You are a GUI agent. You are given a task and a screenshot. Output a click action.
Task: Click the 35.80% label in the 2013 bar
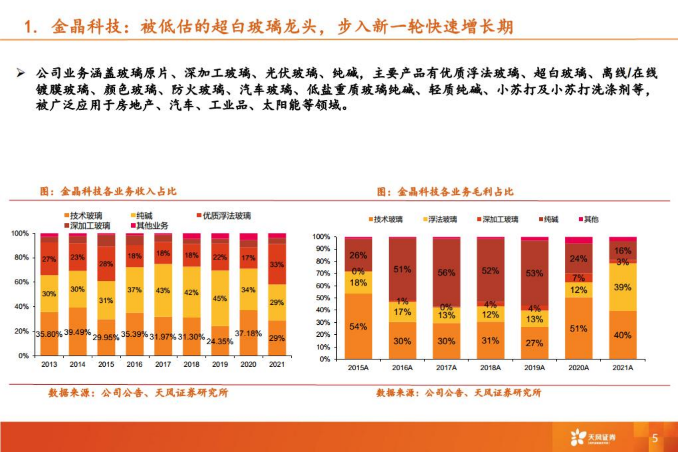(x=49, y=334)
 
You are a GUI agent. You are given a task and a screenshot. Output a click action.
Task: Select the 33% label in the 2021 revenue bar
(x=277, y=264)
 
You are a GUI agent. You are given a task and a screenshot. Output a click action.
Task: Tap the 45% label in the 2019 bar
(x=220, y=298)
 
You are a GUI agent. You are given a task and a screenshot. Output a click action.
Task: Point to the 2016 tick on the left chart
(x=134, y=364)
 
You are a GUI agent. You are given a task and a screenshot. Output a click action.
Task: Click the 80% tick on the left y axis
(x=20, y=257)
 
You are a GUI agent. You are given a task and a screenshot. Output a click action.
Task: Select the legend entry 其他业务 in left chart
(x=152, y=226)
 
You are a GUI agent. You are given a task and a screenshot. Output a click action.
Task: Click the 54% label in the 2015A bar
(x=358, y=326)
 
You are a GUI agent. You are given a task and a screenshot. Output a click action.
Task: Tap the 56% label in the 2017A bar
(x=446, y=273)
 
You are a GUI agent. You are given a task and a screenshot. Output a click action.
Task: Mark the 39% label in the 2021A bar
(x=622, y=287)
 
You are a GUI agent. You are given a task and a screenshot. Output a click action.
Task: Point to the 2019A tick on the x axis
(x=534, y=368)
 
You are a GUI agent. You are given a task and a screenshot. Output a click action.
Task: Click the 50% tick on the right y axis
(x=322, y=298)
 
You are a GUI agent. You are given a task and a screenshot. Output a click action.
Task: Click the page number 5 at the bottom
(x=655, y=438)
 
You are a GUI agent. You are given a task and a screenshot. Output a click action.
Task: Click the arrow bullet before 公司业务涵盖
(x=20, y=73)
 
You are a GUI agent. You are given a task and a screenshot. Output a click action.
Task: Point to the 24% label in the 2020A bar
(x=578, y=258)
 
